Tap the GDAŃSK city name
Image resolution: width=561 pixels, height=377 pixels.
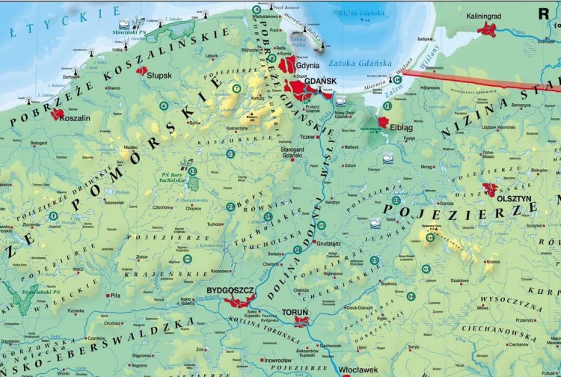point(321,81)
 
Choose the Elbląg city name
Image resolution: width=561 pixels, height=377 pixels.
point(401,127)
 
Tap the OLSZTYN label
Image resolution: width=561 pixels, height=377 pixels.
point(515,199)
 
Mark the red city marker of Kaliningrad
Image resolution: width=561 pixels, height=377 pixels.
point(488,29)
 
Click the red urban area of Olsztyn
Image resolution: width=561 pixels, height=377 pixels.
point(490,189)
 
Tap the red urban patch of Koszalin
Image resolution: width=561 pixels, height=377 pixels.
point(57,114)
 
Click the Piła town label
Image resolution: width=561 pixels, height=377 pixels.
point(114,295)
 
